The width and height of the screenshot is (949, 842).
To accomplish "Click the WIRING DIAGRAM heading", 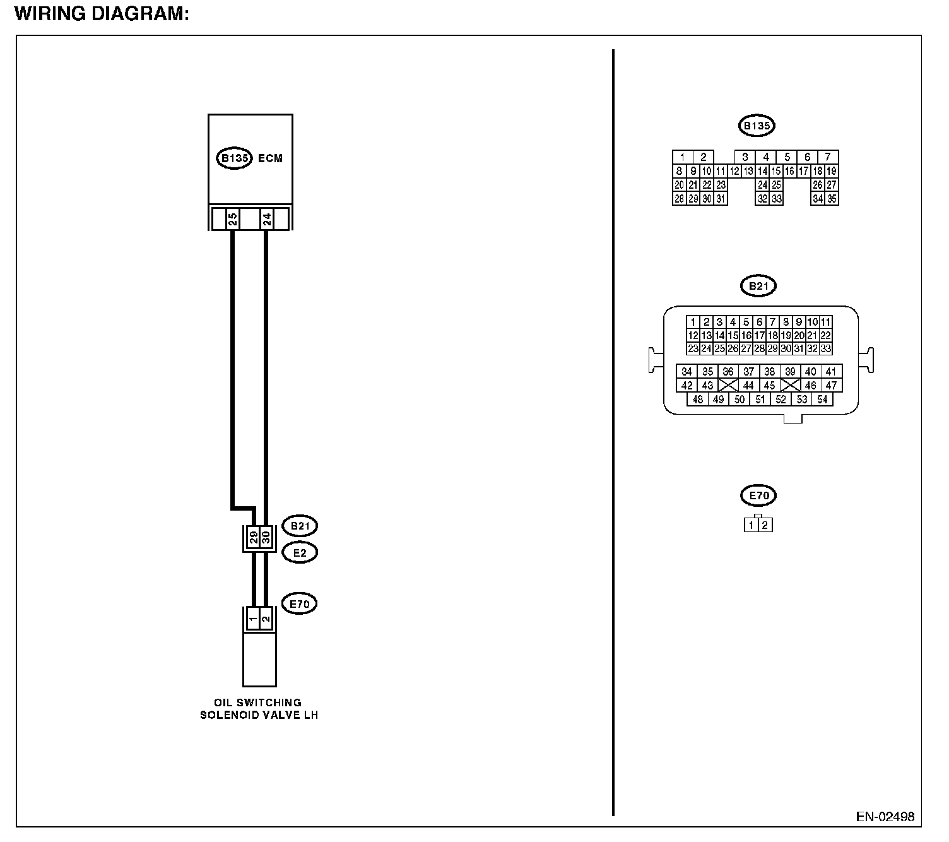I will [x=102, y=14].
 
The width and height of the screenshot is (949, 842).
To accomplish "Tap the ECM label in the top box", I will [x=270, y=158].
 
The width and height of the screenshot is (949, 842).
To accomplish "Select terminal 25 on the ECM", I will [x=232, y=220].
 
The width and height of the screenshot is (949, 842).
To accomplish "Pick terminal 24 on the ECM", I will [x=266, y=220].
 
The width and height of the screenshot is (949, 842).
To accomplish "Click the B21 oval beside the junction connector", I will [x=299, y=525].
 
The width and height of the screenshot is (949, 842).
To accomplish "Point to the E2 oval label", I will [x=299, y=553].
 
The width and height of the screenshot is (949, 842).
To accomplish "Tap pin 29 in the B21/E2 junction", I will [x=253, y=538].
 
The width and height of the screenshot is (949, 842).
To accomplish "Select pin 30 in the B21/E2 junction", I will [x=266, y=538].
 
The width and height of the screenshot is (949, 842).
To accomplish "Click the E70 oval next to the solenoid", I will [x=299, y=604].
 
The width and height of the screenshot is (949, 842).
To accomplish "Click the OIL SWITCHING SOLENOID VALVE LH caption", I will [x=258, y=709].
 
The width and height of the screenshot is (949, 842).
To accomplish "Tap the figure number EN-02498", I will [x=885, y=817].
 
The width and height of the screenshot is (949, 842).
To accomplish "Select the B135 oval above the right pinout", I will [x=756, y=126].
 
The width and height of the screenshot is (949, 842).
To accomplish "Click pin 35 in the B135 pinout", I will [x=832, y=199].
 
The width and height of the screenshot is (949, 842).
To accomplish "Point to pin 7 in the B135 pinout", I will [x=828, y=157].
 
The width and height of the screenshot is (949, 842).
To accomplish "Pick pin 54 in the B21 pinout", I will [x=822, y=399].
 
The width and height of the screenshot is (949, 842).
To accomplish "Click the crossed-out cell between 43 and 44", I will [x=728, y=385].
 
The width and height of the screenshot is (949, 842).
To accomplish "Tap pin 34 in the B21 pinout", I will [x=687, y=372].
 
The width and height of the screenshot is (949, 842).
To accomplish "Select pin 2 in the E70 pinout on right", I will [x=765, y=525].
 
